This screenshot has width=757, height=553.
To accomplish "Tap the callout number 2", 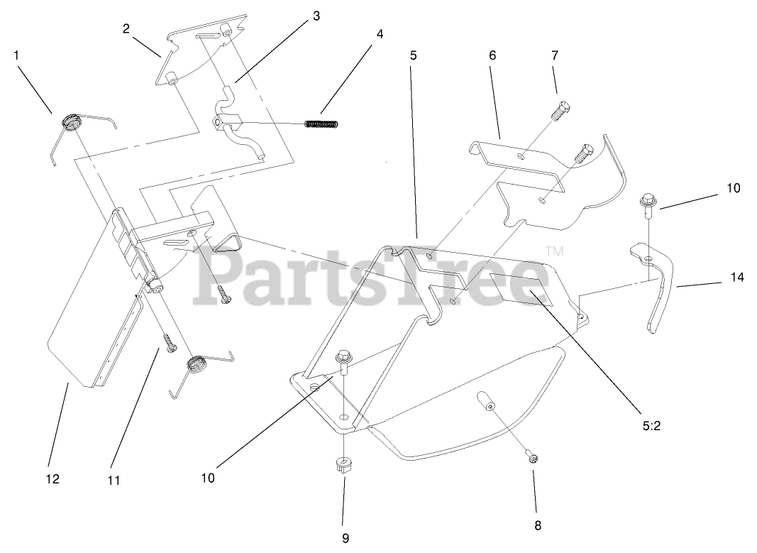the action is pyautogui.click(x=126, y=28).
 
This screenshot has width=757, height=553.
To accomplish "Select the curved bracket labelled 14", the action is pyautogui.click(x=653, y=284).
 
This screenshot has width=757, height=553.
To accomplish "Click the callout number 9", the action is pyautogui.click(x=345, y=537).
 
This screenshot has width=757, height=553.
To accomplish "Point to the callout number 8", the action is pyautogui.click(x=537, y=525).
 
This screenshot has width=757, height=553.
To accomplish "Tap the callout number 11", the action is pyautogui.click(x=114, y=481).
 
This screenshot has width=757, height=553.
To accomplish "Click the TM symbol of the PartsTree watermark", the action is pyautogui.click(x=554, y=251).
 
